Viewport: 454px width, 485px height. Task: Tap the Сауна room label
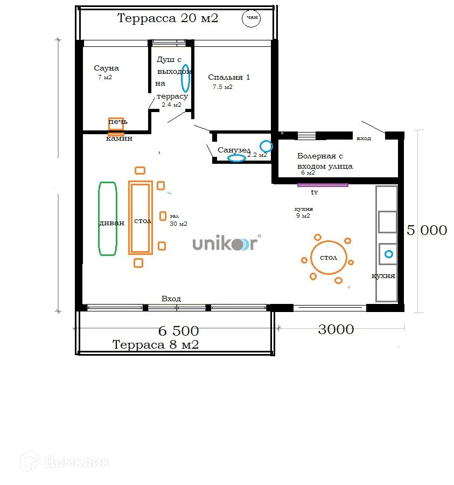[106, 68]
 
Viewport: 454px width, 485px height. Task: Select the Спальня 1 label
[229, 77]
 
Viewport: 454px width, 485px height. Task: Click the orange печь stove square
[116, 124]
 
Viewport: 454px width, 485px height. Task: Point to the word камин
[119, 138]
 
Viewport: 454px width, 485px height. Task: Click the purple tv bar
[323, 185]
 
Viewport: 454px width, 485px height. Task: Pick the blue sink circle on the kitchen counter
[389, 254]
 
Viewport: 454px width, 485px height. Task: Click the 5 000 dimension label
[427, 230]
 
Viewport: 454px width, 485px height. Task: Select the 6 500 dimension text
[178, 331]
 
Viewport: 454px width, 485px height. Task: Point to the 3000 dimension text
[336, 329]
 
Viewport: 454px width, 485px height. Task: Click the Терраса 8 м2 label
[156, 344]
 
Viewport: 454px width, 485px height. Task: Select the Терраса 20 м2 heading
[167, 18]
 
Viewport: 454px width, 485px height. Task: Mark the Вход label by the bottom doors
[171, 299]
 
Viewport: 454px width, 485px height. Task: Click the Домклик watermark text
[76, 462]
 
